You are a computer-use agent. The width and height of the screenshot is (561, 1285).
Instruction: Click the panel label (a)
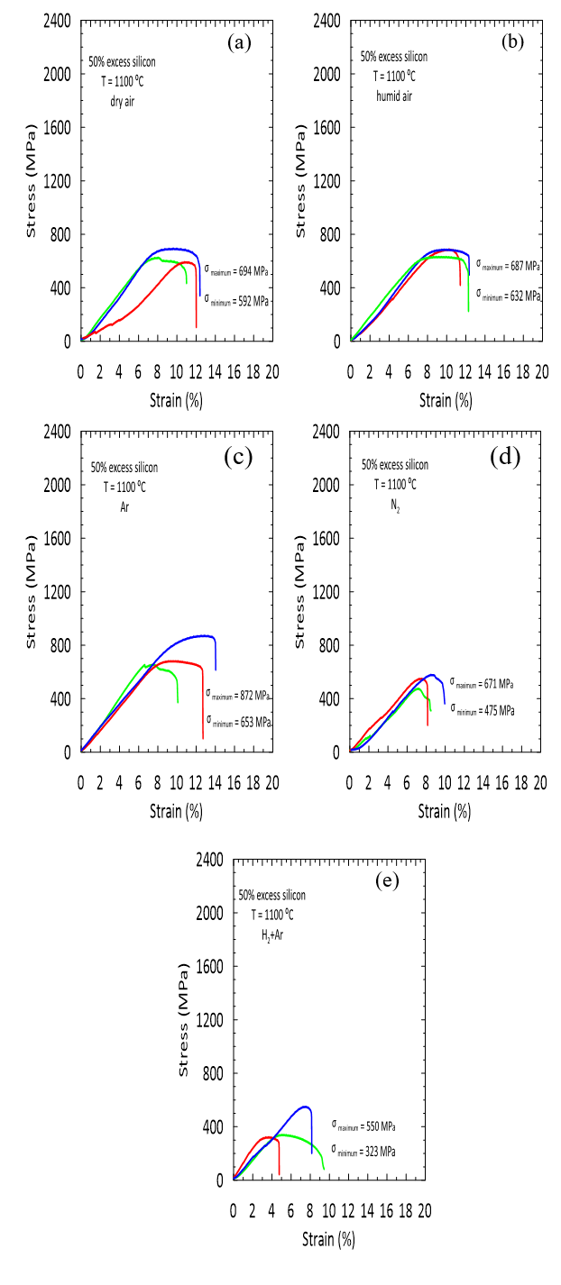(x=238, y=41)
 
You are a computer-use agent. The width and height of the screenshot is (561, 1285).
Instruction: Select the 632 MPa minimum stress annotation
(x=509, y=295)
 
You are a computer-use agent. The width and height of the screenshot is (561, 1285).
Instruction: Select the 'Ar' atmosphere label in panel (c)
(x=125, y=507)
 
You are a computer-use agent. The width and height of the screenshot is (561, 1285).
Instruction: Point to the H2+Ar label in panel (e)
(x=272, y=935)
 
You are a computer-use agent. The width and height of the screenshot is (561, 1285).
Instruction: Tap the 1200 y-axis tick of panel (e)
(x=212, y=1020)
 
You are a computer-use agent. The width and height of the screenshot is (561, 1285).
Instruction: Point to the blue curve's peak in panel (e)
(x=305, y=1107)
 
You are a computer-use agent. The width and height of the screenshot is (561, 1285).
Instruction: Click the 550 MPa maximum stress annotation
(x=363, y=1126)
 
